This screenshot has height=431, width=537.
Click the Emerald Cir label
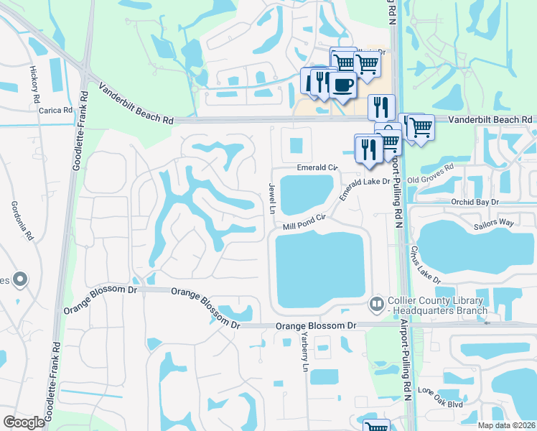(x=317, y=167)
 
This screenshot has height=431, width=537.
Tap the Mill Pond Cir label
(x=304, y=221)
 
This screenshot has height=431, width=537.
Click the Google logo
(x=24, y=422)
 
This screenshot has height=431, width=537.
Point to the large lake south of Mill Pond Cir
(x=319, y=272)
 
